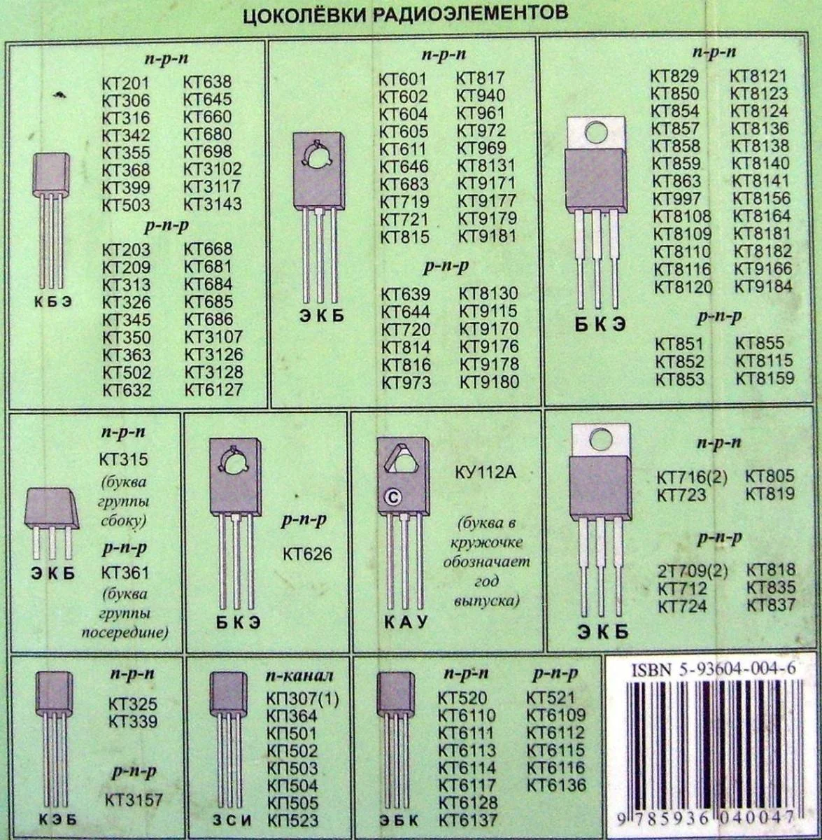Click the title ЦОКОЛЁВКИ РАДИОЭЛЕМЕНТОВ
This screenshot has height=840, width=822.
click(x=405, y=13)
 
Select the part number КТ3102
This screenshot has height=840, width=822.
click(x=212, y=169)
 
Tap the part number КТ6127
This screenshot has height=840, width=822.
click(x=213, y=390)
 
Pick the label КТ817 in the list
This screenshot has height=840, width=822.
click(x=481, y=78)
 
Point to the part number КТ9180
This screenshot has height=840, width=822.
click(x=490, y=382)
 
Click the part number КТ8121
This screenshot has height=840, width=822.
click(x=759, y=76)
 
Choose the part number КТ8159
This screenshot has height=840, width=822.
click(x=765, y=378)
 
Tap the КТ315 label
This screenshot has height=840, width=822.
click(x=124, y=459)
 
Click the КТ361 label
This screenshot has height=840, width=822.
click(x=125, y=573)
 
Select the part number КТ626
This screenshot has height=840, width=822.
click(x=307, y=554)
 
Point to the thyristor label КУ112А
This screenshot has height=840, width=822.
click(x=486, y=472)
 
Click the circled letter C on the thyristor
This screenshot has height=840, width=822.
click(x=393, y=498)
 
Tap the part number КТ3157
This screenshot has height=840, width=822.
click(x=134, y=800)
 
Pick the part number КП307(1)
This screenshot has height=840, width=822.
click(x=302, y=699)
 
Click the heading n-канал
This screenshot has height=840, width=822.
click(x=299, y=676)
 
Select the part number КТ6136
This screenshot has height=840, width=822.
click(x=557, y=785)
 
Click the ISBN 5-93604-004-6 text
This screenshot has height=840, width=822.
click(x=714, y=669)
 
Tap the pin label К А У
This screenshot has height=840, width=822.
click(x=406, y=622)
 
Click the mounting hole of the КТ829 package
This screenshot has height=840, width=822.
click(x=596, y=133)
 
